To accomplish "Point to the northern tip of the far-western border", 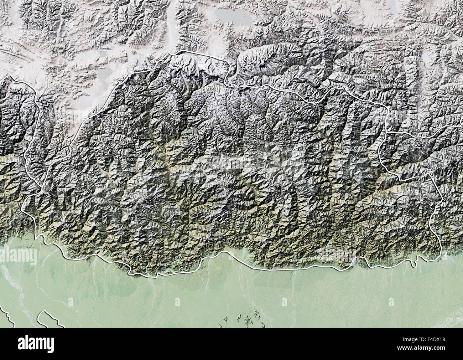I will click(x=11, y=76).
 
